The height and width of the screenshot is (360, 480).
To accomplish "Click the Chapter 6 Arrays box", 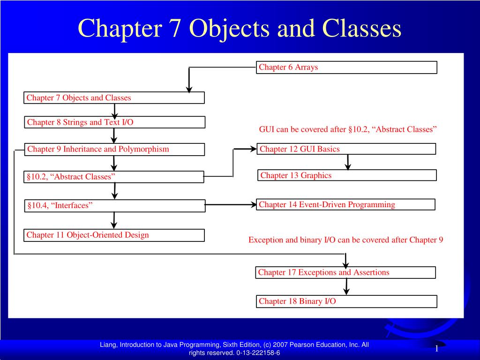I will (346, 67).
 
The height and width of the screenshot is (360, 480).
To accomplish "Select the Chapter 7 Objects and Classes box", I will (114, 98).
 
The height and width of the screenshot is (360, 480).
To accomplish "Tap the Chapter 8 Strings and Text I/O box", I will (115, 122).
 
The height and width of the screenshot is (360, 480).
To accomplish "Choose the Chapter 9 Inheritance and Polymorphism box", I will (114, 150).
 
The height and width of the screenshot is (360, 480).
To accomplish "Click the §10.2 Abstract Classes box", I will (114, 177).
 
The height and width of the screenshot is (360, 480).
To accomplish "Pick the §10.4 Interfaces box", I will (114, 206).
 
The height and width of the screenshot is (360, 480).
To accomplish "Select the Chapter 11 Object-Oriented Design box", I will (114, 235).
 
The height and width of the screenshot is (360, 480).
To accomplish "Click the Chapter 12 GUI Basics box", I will (346, 149).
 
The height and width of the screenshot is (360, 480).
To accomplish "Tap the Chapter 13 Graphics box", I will (346, 175).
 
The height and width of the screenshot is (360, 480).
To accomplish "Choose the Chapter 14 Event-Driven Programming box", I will (345, 204).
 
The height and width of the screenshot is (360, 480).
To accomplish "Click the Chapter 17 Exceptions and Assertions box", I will (345, 272).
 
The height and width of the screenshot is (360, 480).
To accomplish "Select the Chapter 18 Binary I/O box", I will (346, 301).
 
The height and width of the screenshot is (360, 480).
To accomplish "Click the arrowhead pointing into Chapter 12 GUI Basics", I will (252, 149).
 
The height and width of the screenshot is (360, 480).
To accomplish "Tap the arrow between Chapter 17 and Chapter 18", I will (346, 286).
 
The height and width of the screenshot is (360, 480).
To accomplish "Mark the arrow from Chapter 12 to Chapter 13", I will (348, 162).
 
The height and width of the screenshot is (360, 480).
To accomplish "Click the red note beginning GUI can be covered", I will (348, 129).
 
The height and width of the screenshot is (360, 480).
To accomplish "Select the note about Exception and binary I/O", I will (345, 240).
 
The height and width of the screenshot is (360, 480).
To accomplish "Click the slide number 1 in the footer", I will (436, 349).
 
